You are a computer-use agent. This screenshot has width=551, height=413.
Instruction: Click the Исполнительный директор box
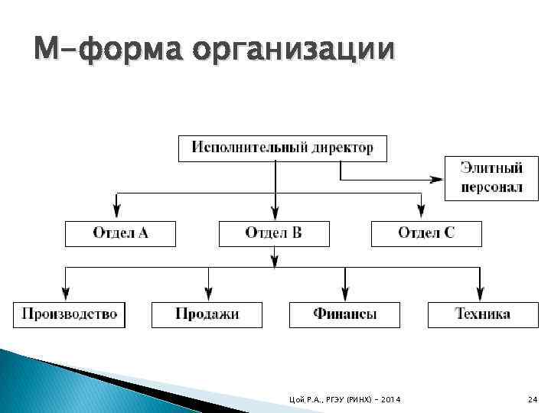[x=282, y=148]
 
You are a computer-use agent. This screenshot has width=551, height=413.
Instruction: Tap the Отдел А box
[x=120, y=233]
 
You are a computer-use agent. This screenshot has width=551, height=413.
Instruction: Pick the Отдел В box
[x=274, y=233]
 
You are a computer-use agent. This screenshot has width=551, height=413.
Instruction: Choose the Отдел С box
[x=426, y=233]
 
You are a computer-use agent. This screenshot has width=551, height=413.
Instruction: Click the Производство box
[x=69, y=314]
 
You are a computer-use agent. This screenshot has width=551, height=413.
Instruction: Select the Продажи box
[x=207, y=314]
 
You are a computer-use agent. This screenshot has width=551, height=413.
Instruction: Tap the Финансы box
[x=344, y=314]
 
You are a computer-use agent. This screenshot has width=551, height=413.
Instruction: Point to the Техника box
[x=482, y=314]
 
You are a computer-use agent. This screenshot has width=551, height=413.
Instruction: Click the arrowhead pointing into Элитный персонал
[x=436, y=179]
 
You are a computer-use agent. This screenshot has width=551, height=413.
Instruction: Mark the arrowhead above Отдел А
[x=116, y=210]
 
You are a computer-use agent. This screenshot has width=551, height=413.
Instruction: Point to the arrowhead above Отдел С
[x=419, y=210]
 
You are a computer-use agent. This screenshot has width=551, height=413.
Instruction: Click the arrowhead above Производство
[x=66, y=293]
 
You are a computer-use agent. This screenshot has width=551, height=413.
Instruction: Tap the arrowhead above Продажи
[x=207, y=293]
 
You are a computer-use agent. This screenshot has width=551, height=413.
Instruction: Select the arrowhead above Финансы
[x=345, y=293]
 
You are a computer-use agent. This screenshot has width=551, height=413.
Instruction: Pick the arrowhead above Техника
[x=480, y=293]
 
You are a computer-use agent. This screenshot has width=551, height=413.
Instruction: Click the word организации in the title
[x=294, y=52]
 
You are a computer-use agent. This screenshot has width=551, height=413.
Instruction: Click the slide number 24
[x=533, y=401]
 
